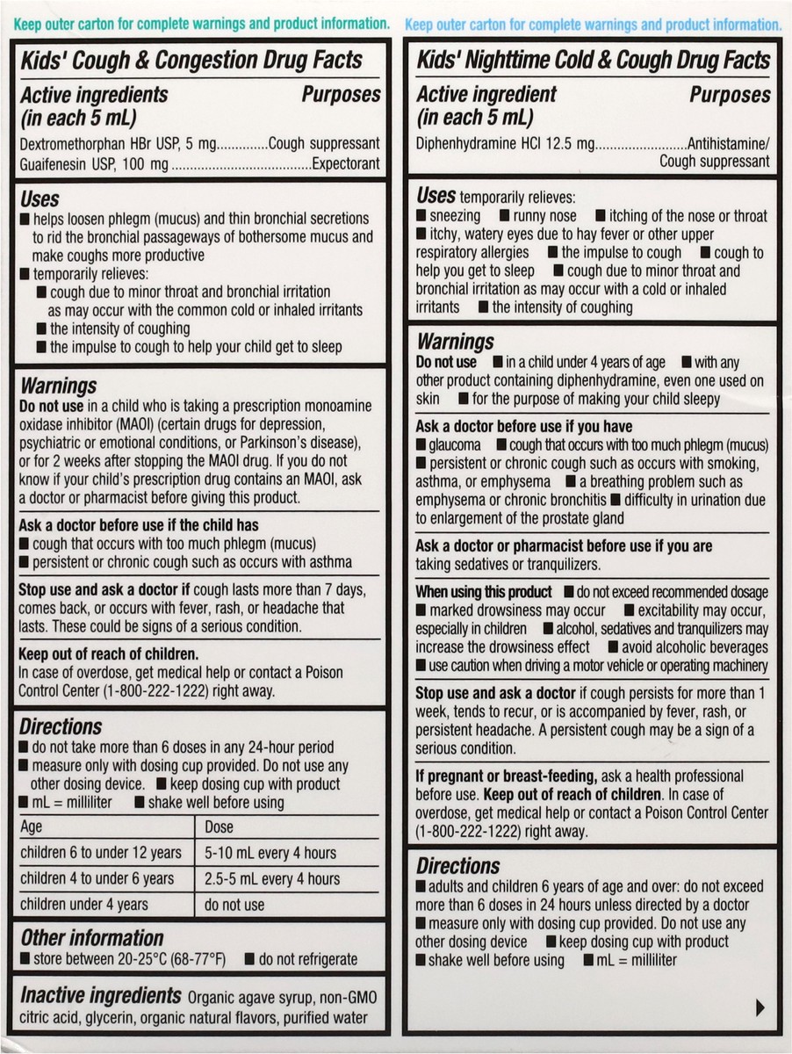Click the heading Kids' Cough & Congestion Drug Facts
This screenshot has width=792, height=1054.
tap(191, 60)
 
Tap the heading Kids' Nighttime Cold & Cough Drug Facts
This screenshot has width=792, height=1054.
tap(593, 60)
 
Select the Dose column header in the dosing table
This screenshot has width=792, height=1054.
tap(219, 827)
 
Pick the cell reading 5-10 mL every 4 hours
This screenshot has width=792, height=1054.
tap(270, 852)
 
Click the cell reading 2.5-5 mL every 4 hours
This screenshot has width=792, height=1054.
tap(272, 878)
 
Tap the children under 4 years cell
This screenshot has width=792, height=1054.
tap(84, 904)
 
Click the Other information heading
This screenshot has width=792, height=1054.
tap(92, 937)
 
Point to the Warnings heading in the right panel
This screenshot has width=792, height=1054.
tap(455, 341)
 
